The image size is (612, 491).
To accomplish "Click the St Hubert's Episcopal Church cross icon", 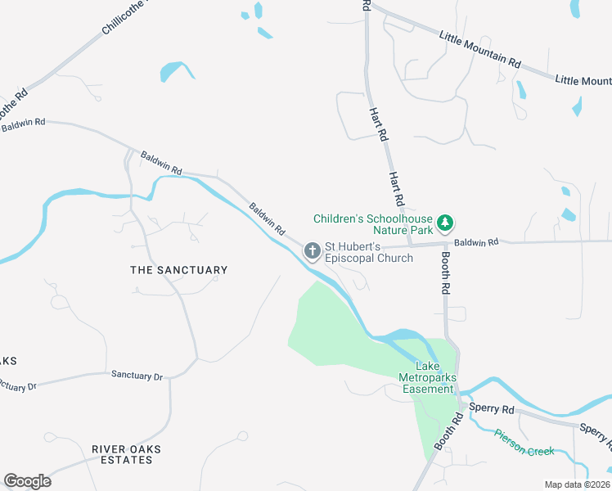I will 312,250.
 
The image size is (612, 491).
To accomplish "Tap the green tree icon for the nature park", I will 444,223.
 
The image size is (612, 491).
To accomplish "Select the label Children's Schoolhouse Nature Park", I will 372,225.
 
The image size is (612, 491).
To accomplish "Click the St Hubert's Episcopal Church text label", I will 369,252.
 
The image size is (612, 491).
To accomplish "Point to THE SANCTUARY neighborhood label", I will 179,270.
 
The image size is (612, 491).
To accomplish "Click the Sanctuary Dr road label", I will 136,376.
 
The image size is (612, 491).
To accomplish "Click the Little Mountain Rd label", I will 479,49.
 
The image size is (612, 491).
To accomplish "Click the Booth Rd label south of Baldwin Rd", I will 446,273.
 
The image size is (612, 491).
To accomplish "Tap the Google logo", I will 27,481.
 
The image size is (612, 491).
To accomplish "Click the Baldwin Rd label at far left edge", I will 24,125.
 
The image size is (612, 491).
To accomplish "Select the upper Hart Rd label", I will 377,124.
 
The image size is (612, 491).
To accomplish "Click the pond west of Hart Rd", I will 177,71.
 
